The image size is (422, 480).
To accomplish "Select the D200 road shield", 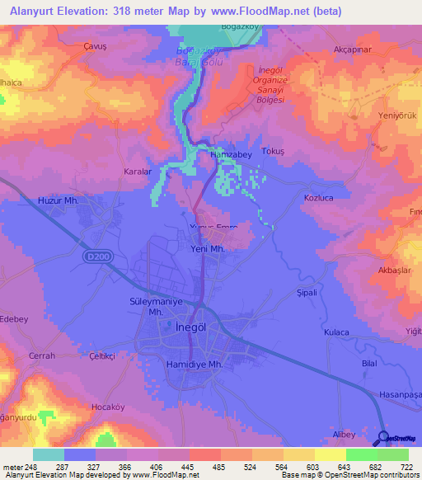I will (x=96, y=257).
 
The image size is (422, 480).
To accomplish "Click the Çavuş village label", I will (x=96, y=47).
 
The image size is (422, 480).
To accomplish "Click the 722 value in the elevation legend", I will (x=406, y=468).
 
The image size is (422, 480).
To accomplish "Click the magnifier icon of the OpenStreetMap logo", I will (x=384, y=438).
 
